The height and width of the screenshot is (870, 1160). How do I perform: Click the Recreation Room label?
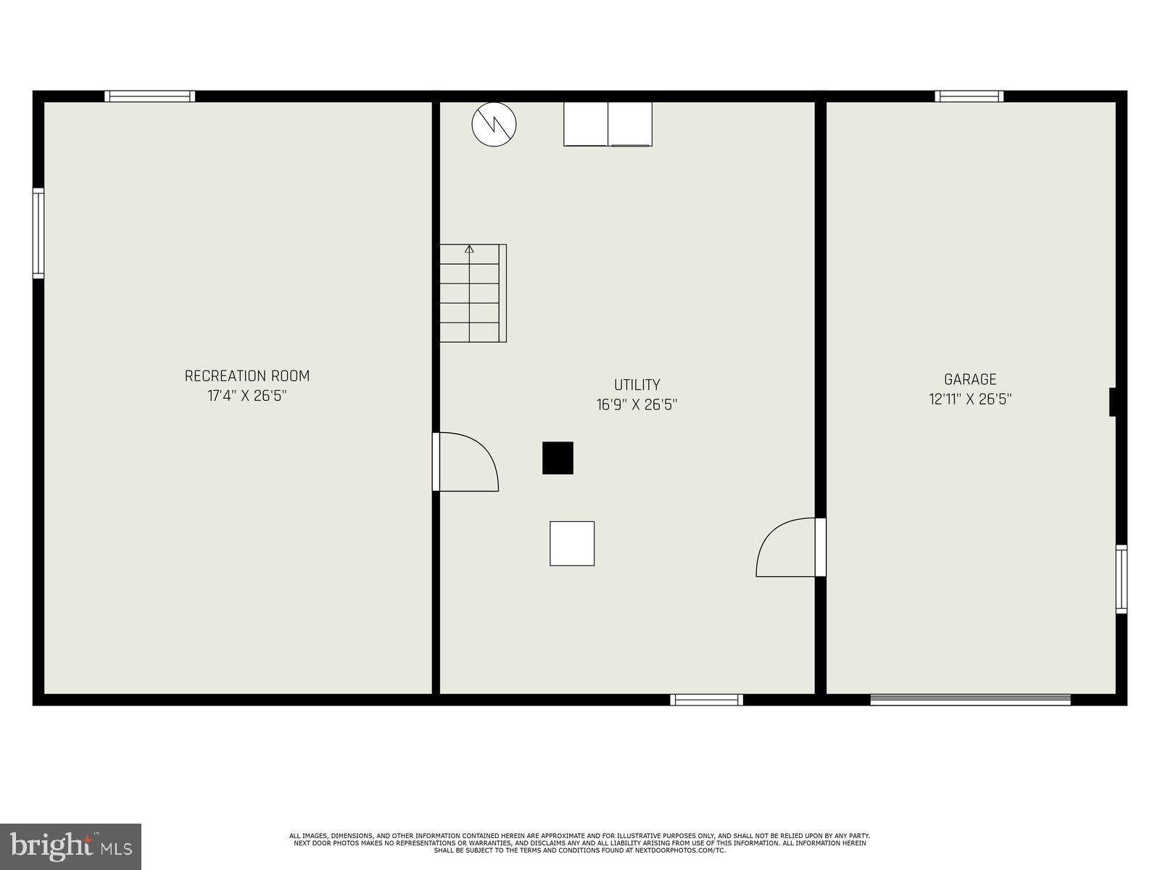pos(246,376)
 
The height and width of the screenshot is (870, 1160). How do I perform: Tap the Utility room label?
pos(637,385)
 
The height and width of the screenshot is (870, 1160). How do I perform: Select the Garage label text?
pos(970,379)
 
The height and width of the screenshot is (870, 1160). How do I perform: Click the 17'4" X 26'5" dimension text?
pos(246,396)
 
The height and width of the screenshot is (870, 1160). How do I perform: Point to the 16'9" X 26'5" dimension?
pos(637,405)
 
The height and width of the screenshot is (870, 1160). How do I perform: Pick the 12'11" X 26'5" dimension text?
pos(970,399)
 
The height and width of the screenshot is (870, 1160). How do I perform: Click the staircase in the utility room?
pos(472,294)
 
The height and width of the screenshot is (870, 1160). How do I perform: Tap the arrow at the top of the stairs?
pos(469,249)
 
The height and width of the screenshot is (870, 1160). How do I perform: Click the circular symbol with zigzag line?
pos(494,124)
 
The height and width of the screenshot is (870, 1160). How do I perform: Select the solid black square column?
pos(558,457)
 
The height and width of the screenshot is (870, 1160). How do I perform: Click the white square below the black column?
pos(572,543)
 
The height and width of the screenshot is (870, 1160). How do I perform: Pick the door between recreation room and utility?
pos(465,462)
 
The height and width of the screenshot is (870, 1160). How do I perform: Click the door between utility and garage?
pos(788,547)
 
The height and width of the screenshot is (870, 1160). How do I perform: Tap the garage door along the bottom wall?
pos(970,700)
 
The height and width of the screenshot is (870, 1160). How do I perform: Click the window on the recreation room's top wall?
pos(150,96)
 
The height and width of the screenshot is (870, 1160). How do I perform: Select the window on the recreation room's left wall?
pos(38,233)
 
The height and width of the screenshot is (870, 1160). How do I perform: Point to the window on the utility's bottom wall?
pos(706,700)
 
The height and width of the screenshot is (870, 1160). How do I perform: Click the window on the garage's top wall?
pos(969,96)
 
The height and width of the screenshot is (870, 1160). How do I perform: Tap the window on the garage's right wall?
pos(1121,579)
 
